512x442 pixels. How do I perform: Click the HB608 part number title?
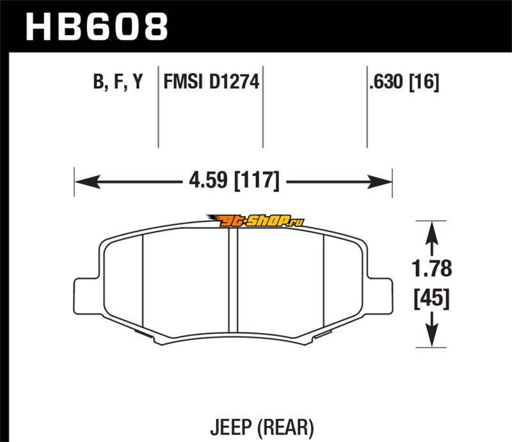(97, 27)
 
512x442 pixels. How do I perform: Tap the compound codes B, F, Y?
(118, 81)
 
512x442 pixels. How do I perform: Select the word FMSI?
(183, 81)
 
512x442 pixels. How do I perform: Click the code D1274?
(234, 81)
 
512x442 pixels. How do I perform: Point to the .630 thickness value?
(386, 81)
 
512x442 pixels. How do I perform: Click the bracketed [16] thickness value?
(424, 82)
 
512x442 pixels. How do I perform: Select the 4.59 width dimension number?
(208, 180)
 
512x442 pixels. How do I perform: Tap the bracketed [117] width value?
(257, 180)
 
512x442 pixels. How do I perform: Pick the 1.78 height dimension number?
(431, 269)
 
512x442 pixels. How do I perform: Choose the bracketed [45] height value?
(431, 298)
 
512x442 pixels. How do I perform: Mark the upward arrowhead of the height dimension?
(431, 232)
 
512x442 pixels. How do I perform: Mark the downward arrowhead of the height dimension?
(431, 335)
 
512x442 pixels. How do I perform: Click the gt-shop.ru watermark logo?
(255, 221)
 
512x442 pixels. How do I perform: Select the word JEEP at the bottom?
(231, 427)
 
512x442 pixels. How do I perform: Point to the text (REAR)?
(285, 428)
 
